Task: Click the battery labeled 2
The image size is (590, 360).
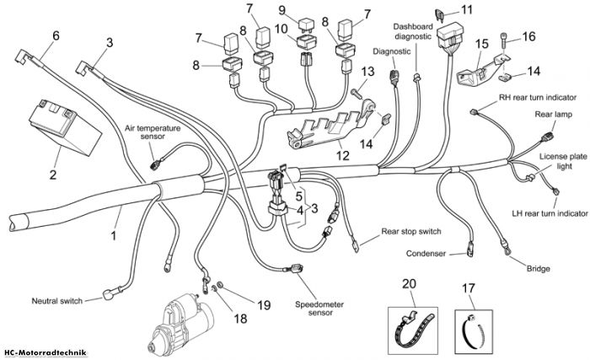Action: point(65,127)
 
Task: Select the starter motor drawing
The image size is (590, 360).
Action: point(179,326)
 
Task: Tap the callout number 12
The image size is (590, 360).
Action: point(343,155)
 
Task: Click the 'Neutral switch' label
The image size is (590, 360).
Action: point(56,301)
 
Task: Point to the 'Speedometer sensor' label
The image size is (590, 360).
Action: point(319,308)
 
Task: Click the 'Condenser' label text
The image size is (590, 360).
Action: point(426,254)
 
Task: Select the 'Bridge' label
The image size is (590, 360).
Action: point(538,268)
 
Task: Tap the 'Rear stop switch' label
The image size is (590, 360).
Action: point(411,231)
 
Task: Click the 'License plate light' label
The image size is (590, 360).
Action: point(563,161)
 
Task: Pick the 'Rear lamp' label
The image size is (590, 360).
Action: point(553,114)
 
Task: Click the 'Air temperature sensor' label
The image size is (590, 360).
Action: point(153,132)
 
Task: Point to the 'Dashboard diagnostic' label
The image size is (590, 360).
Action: point(413,32)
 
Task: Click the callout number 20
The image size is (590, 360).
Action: point(409,283)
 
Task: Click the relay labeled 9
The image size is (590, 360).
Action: point(306,24)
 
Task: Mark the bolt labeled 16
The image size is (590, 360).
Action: point(504,39)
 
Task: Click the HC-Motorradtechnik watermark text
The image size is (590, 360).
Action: point(44,353)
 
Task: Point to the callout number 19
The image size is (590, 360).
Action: point(263,304)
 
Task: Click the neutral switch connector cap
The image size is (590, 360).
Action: point(110,293)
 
